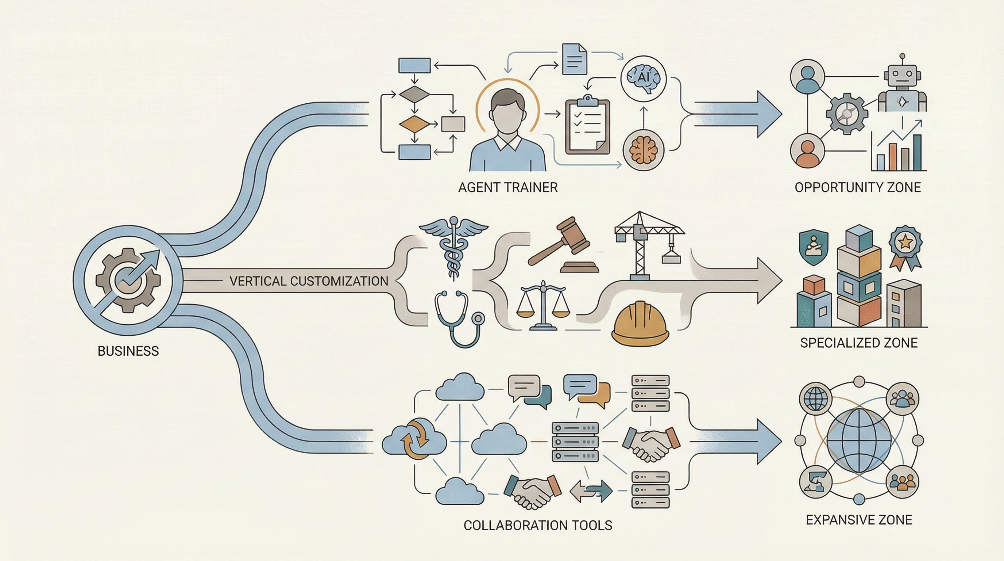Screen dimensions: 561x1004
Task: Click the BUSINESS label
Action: pos(128,351)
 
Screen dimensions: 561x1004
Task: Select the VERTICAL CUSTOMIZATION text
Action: pos(309,281)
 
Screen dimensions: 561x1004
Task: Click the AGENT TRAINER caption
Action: pos(507,188)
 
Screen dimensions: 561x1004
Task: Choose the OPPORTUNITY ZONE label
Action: pos(857,188)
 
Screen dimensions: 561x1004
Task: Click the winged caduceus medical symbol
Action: pos(453,246)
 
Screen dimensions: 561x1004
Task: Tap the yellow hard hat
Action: pos(640,324)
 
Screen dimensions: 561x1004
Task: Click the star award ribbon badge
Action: pos(905,244)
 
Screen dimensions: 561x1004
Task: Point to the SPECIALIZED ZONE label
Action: pos(859,343)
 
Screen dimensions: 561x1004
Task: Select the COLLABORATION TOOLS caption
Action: pos(538,526)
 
